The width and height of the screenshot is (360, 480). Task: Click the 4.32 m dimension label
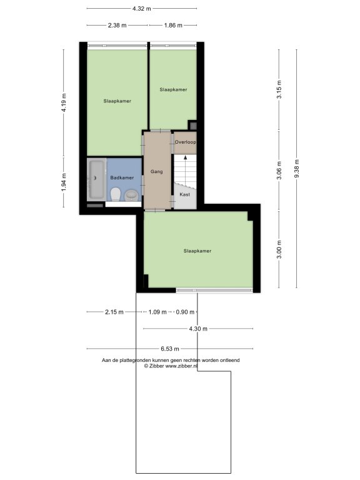pyautogui.click(x=142, y=9)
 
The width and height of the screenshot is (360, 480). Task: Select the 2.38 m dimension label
pyautogui.click(x=117, y=26)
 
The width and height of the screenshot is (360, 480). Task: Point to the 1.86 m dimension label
pyautogui.click(x=173, y=26)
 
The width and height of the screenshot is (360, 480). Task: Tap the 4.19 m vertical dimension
pyautogui.click(x=64, y=102)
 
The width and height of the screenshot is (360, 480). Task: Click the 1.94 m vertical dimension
pyautogui.click(x=64, y=182)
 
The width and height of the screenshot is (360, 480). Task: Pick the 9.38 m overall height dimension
pyautogui.click(x=297, y=169)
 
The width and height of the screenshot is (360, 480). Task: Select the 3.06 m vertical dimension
pyautogui.click(x=279, y=171)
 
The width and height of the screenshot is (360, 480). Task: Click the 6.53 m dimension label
pyautogui.click(x=170, y=349)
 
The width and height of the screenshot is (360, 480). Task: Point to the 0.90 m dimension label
pyautogui.click(x=185, y=312)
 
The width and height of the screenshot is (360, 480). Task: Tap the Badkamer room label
pyautogui.click(x=122, y=177)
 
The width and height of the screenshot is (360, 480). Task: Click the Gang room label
pyautogui.click(x=156, y=172)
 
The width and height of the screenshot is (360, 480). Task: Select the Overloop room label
pyautogui.click(x=185, y=142)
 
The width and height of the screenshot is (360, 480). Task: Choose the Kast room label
pyautogui.click(x=184, y=194)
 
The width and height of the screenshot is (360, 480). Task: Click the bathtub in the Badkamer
pyautogui.click(x=97, y=180)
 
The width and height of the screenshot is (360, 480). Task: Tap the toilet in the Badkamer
pyautogui.click(x=116, y=195)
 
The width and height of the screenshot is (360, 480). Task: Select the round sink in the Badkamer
pyautogui.click(x=131, y=195)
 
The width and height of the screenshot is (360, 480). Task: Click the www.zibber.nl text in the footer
pyautogui.click(x=181, y=366)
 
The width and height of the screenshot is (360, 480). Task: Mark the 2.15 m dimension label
pyautogui.click(x=114, y=312)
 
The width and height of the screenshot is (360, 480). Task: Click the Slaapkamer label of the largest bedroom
pyautogui.click(x=197, y=251)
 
